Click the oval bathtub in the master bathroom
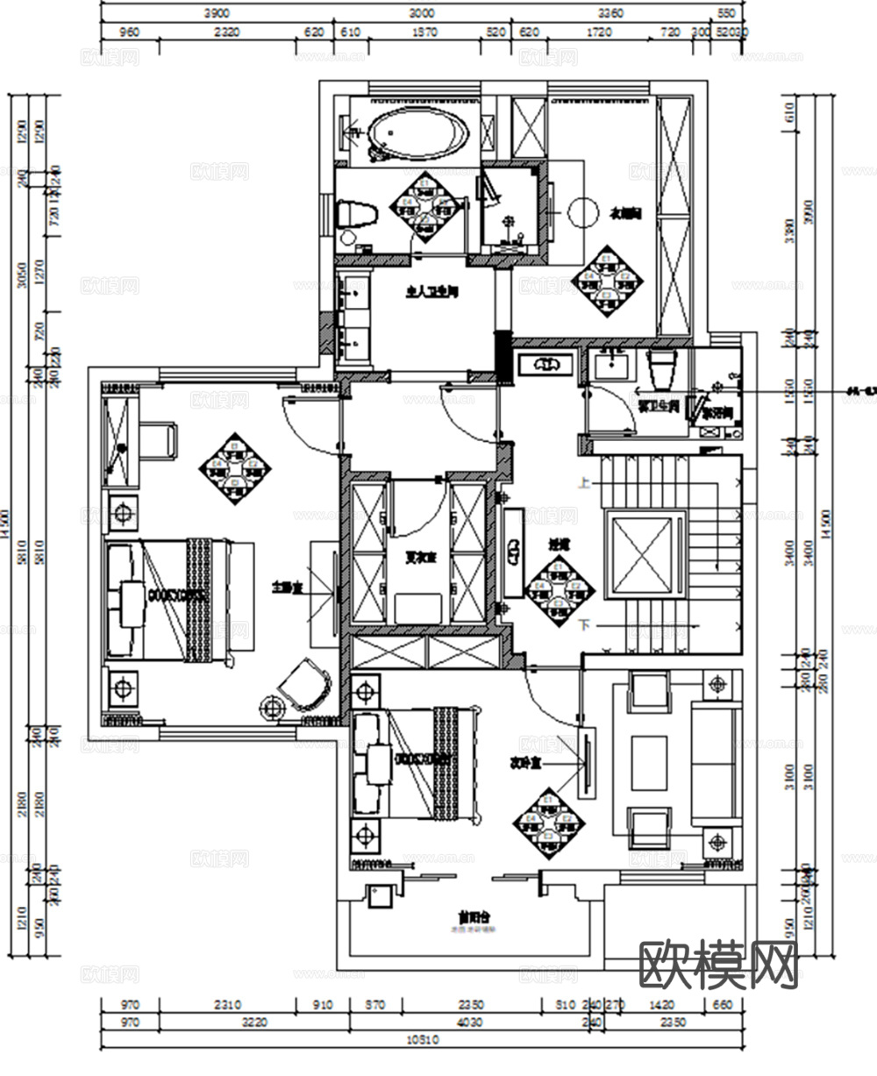point(417,136)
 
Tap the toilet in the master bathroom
point(355,213)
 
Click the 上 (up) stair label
point(583,482)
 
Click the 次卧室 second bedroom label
point(524,761)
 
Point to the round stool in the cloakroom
point(581,212)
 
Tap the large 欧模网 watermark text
point(719,966)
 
